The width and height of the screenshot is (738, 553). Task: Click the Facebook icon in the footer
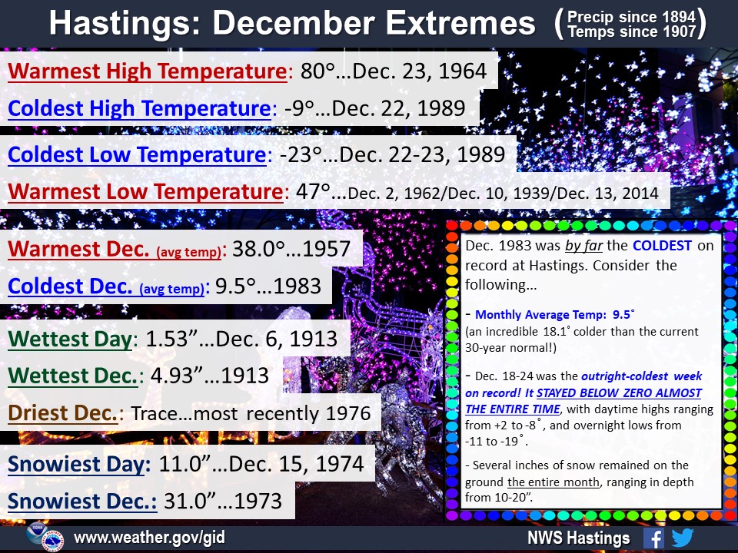(653, 538)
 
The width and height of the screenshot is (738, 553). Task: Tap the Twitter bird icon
(683, 538)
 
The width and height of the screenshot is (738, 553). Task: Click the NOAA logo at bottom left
(36, 533)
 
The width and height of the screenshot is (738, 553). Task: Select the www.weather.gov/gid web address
(150, 537)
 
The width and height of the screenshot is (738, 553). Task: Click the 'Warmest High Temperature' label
(148, 71)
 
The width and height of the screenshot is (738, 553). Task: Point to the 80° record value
(317, 71)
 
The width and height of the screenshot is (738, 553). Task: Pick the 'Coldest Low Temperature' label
(137, 154)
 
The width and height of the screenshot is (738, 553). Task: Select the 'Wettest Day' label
(70, 339)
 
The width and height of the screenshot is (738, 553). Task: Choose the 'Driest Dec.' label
(62, 413)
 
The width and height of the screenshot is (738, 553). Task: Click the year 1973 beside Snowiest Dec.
(258, 502)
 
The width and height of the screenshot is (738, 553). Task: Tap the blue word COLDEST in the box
(662, 246)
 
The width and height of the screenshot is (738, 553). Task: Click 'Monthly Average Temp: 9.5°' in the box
(555, 315)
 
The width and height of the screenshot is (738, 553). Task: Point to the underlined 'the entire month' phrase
(553, 482)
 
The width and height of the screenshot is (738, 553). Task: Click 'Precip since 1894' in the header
(631, 17)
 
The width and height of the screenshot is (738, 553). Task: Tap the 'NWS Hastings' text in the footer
(578, 538)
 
